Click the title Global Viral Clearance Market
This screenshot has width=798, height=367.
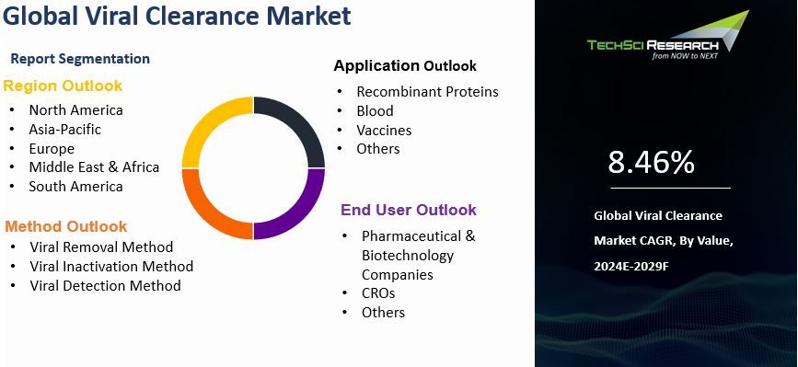point(177,17)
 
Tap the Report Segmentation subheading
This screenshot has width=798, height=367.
point(80,59)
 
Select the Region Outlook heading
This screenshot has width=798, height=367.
point(63,86)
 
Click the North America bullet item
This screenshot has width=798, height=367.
point(75,109)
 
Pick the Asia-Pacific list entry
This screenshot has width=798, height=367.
point(64,129)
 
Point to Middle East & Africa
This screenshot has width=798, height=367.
point(94,166)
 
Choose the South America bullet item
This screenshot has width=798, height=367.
point(75,186)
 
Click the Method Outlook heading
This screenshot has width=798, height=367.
point(65,226)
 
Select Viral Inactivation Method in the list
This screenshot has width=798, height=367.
point(111,266)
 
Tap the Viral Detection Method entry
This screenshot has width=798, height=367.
point(105,285)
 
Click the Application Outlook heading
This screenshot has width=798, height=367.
point(405,65)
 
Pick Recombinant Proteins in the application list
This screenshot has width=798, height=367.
point(427,91)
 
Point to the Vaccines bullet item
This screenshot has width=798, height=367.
point(384,130)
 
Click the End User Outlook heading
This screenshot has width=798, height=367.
point(409,210)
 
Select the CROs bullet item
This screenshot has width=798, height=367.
point(377,292)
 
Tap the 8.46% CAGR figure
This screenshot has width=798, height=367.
point(651,163)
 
